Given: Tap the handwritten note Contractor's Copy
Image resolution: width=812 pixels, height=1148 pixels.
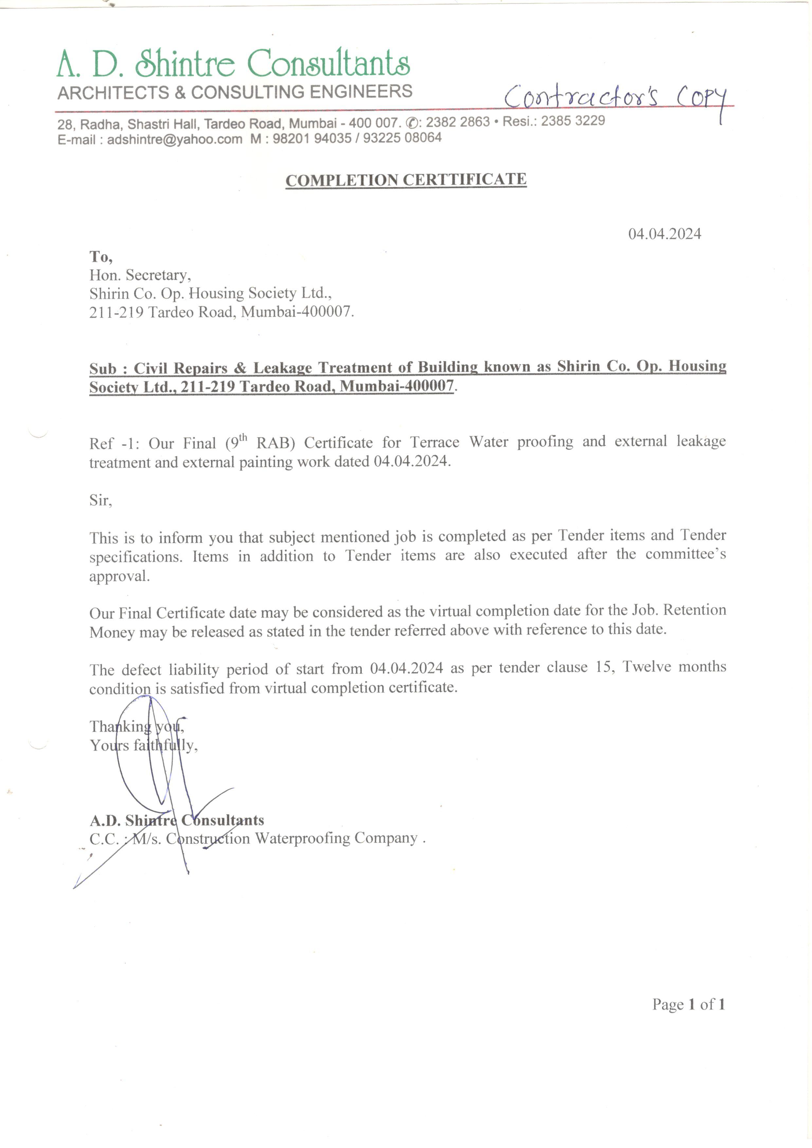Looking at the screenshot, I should pos(615,98).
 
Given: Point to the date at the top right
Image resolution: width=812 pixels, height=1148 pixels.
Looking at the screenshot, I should pos(664,234).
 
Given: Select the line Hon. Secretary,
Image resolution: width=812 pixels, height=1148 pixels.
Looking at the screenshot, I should pos(140,275).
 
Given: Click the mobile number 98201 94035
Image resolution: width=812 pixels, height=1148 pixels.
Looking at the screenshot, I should pos(312,138).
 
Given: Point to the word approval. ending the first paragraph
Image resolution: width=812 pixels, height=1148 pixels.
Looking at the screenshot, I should pos(119,576).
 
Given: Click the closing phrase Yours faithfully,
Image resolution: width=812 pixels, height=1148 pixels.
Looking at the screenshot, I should pos(143,745).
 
